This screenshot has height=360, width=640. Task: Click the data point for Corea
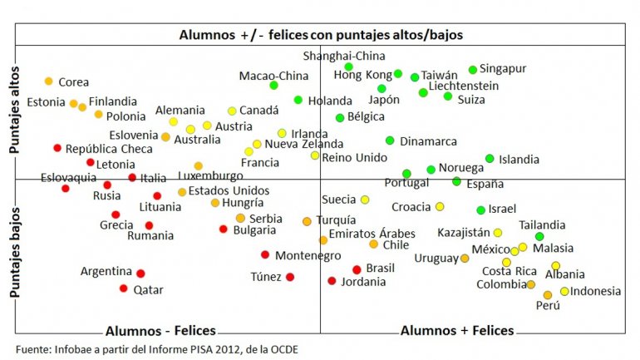click(x=49, y=81)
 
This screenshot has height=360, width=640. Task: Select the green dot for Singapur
click(x=473, y=70)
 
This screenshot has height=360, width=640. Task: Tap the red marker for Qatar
click(x=124, y=288)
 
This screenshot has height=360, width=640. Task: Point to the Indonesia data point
click(x=564, y=291)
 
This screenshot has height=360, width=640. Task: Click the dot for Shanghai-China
click(x=348, y=67)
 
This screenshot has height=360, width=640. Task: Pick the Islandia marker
click(x=490, y=159)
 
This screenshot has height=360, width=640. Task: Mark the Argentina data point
click(x=140, y=273)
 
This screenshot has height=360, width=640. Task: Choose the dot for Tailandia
click(x=539, y=237)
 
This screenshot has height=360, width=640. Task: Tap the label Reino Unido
click(x=354, y=156)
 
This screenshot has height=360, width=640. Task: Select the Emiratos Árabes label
click(x=372, y=233)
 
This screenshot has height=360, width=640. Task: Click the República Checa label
click(x=109, y=149)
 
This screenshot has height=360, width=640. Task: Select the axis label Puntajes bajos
click(x=14, y=249)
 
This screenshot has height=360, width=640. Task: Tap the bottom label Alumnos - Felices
click(x=160, y=330)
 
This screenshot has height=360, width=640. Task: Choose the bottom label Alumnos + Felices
click(x=457, y=330)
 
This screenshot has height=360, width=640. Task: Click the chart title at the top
click(x=321, y=35)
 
